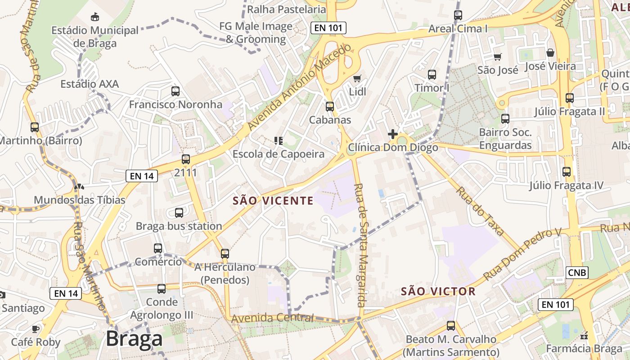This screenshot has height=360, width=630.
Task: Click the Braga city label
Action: tap(134, 338)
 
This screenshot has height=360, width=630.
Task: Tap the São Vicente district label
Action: tap(273, 201)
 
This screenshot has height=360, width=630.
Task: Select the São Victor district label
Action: tap(438, 291)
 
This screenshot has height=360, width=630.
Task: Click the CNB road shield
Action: tap(577, 272)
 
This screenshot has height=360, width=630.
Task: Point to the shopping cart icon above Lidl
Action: tap(357, 79)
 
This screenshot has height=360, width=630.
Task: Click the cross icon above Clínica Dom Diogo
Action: tap(392, 134)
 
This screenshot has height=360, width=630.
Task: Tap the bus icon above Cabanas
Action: tap(330, 107)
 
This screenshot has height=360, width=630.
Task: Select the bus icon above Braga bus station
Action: tap(179, 213)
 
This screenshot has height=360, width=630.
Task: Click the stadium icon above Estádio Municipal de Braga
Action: tap(95, 17)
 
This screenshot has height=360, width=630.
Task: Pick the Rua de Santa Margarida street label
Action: tap(362, 245)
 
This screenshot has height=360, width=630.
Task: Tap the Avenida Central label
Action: tap(272, 318)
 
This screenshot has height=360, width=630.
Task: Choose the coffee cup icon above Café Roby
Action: tap(36, 329)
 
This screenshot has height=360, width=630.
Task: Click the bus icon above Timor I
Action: tap(432, 75)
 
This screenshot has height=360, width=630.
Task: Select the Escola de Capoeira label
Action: tap(278, 154)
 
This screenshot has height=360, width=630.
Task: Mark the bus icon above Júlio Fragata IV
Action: tap(567, 172)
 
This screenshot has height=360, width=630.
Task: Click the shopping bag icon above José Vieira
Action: tap(550, 53)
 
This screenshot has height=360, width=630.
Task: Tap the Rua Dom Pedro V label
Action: tap(523, 254)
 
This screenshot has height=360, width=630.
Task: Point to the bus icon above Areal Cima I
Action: tap(458, 15)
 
